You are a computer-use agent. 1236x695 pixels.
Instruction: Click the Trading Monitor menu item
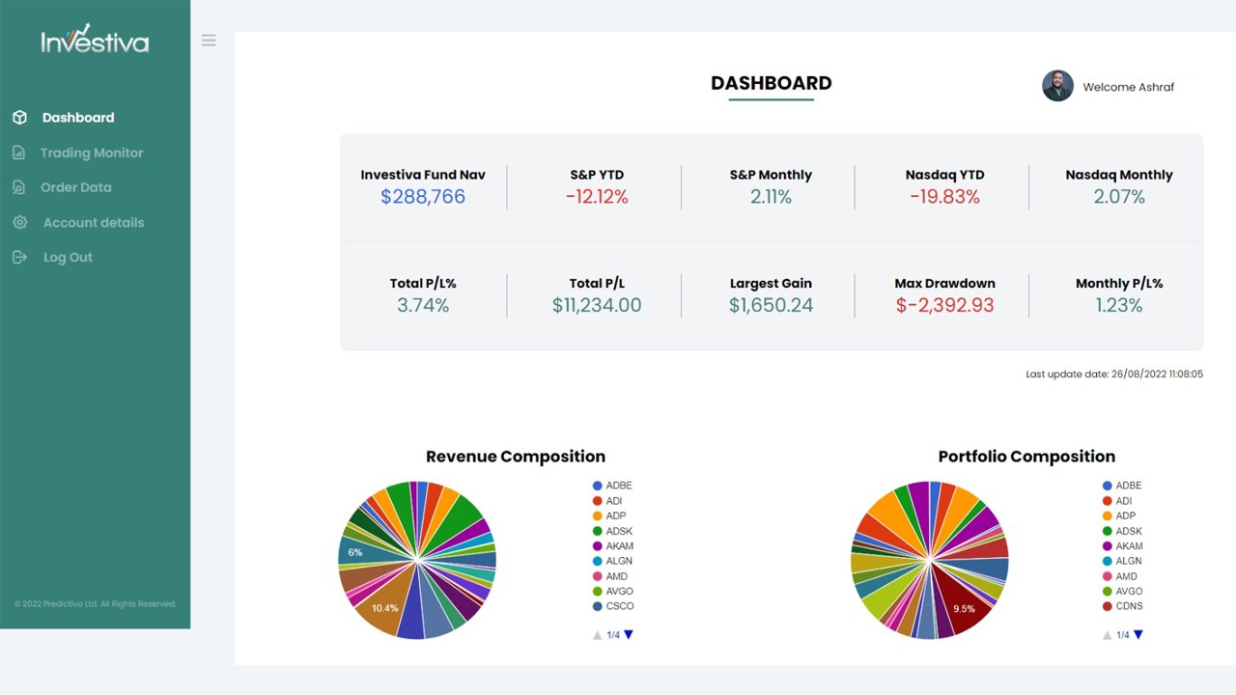78,153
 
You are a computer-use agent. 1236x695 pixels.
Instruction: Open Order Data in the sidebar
62,187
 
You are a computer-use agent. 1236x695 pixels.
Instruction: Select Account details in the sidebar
78,223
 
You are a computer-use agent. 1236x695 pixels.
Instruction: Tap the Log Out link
52,258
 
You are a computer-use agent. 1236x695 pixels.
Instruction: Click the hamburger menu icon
209,41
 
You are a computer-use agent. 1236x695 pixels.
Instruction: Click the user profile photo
1057,86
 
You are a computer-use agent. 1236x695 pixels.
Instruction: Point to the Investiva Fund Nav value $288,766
423,197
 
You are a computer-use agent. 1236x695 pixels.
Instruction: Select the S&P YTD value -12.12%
597,197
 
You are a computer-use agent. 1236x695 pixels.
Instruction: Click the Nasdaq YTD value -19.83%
944,197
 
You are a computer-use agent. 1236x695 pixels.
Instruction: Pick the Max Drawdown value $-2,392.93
944,306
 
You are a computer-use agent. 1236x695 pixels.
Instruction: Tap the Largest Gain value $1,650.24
771,306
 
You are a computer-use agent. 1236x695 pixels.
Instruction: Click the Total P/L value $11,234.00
597,306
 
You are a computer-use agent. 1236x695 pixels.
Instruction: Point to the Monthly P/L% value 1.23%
1119,306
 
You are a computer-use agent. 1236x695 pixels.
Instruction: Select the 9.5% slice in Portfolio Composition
963,604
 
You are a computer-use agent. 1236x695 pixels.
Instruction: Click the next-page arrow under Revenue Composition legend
629,635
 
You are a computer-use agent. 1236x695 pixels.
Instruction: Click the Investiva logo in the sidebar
95,39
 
